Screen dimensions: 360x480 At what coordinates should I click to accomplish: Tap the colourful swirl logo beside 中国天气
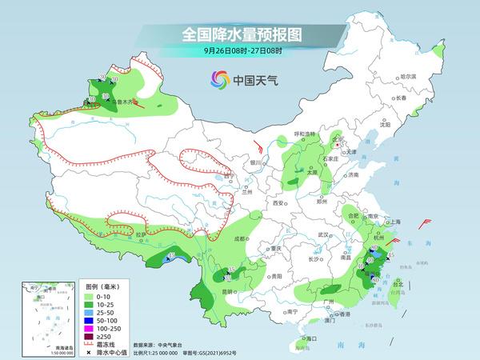218,79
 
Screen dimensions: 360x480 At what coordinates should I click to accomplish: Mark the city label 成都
239,238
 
